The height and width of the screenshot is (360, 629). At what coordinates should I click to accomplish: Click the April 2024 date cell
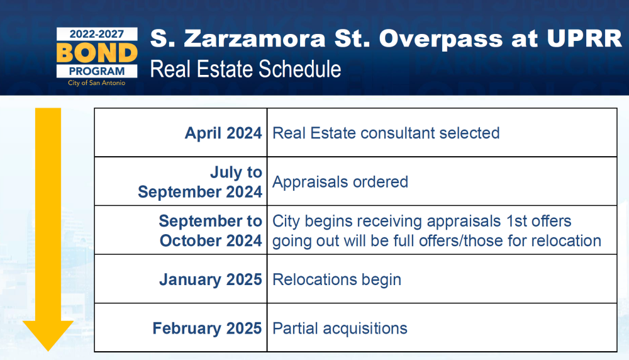[x=181, y=132]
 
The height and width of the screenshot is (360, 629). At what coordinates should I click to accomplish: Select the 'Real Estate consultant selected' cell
[x=442, y=132]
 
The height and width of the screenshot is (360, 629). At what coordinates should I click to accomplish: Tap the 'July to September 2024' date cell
[x=181, y=181]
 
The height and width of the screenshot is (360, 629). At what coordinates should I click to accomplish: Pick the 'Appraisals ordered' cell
[x=442, y=181]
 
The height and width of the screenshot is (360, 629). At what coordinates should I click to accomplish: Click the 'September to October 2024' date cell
[x=181, y=230]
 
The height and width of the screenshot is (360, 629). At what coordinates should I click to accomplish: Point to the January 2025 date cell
[x=181, y=279]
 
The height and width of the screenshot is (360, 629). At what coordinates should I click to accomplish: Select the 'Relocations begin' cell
[x=442, y=279]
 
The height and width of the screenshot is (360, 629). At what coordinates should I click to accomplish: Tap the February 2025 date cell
[x=181, y=328]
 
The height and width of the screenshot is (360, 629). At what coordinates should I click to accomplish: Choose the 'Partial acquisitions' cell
[x=442, y=328]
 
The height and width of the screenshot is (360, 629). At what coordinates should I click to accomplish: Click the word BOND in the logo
[x=97, y=53]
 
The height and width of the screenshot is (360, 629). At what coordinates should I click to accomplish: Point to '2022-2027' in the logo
[x=97, y=34]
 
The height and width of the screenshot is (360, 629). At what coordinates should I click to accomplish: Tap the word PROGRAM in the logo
[x=97, y=72]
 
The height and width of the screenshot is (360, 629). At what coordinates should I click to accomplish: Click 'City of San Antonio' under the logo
[x=97, y=83]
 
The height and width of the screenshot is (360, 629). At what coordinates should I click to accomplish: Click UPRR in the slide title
[x=584, y=38]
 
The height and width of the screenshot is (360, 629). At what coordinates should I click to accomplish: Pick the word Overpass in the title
[x=441, y=39]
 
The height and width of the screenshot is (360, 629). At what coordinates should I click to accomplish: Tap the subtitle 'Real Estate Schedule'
[x=245, y=69]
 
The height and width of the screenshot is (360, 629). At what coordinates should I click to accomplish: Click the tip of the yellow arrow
[x=48, y=351]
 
